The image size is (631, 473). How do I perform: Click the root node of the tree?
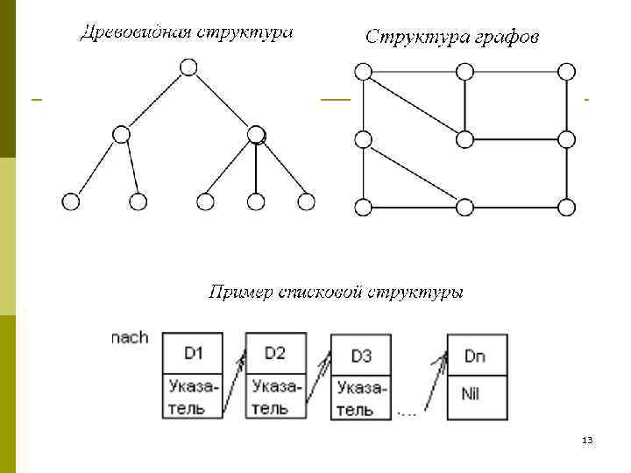[x=188, y=67]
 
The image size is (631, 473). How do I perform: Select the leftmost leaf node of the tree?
[x=71, y=201]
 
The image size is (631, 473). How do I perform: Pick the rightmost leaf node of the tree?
[x=306, y=201]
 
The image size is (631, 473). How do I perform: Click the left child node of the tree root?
[x=122, y=134]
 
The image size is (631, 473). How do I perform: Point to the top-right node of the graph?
[x=567, y=71]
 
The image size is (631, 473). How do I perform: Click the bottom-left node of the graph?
[x=363, y=207]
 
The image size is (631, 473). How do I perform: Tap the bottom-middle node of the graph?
[x=465, y=207]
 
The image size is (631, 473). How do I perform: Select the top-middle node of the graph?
[x=465, y=71]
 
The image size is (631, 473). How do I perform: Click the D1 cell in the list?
[x=194, y=353]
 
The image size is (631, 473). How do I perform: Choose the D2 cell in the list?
[x=276, y=353]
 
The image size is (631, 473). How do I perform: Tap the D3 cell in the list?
[x=361, y=356]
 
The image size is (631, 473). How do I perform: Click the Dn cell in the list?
[x=476, y=356]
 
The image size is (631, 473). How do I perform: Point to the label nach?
[x=130, y=337]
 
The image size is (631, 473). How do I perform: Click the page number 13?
[x=587, y=440]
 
